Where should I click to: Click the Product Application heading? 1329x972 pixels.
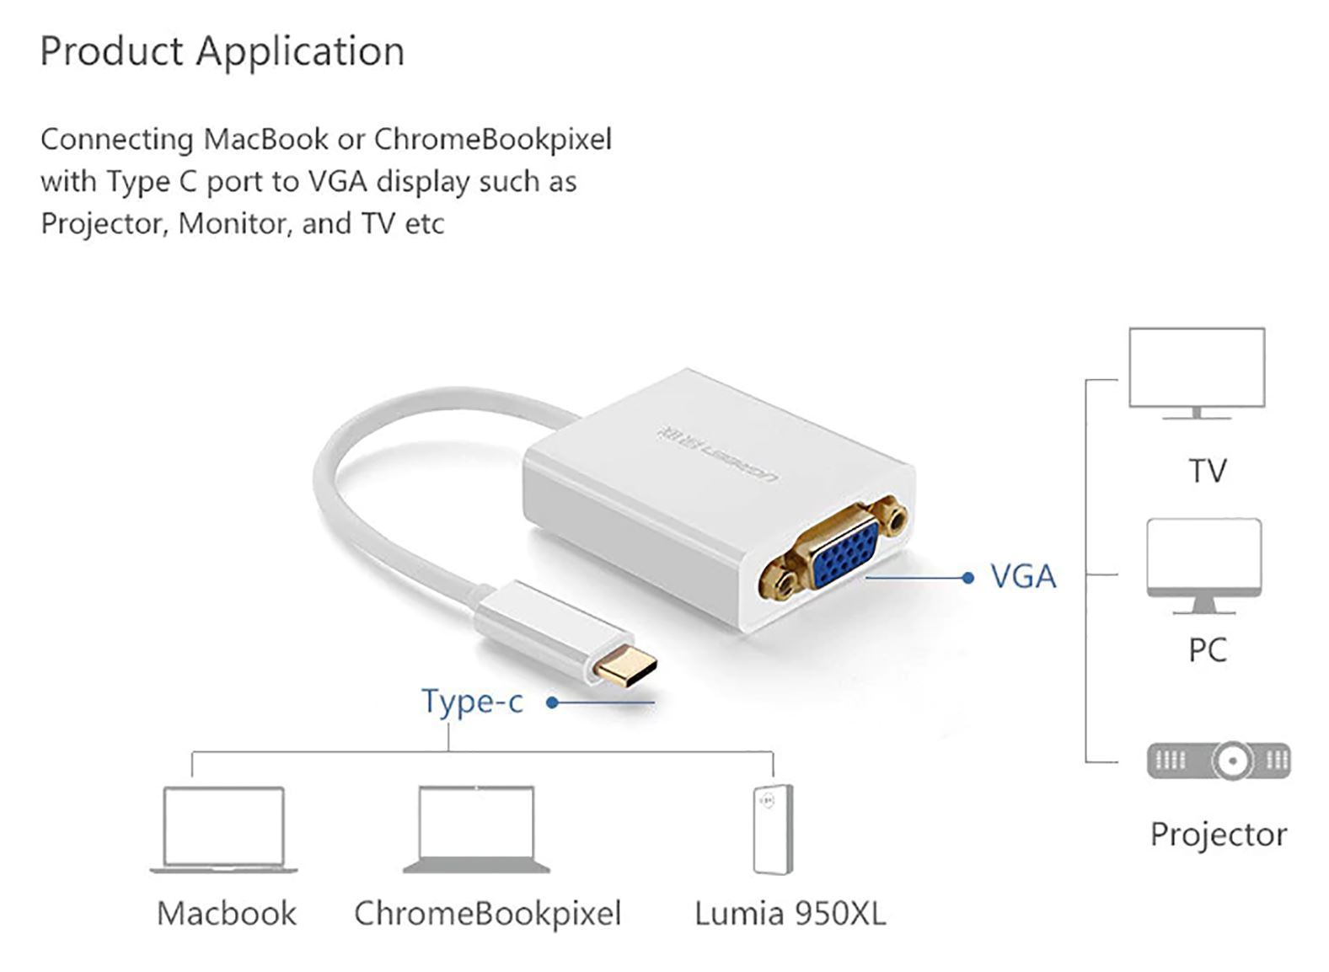click(222, 51)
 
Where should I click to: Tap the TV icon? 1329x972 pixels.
click(1196, 371)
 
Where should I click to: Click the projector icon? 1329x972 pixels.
click(1219, 761)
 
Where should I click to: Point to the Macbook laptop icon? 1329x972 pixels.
click(223, 829)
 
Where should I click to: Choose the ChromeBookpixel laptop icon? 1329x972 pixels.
click(476, 829)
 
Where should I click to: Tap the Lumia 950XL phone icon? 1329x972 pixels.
click(773, 829)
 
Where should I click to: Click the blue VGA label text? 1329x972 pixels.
click(1022, 577)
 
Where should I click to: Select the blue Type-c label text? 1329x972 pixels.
click(472, 701)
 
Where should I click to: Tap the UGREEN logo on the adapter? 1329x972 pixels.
click(717, 454)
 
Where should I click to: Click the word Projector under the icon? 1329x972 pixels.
click(1218, 835)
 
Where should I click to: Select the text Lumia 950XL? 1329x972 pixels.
click(790, 914)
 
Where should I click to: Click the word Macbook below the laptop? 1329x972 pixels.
click(226, 914)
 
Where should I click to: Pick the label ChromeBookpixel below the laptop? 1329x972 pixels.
click(487, 914)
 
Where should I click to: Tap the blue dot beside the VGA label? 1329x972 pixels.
click(967, 578)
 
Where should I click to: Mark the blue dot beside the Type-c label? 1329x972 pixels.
click(552, 702)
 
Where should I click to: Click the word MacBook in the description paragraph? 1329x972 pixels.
click(265, 139)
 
